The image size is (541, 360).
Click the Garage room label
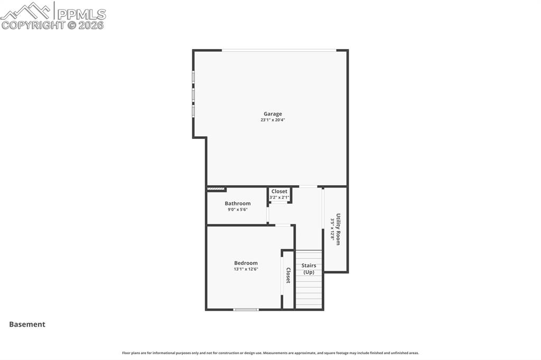273,113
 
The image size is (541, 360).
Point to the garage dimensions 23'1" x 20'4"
273,120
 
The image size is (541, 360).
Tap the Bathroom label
238,203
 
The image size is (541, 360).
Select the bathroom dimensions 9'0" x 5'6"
238,210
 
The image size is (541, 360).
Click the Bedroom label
246,263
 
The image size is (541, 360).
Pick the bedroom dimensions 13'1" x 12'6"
246,269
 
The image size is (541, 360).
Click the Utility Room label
338,229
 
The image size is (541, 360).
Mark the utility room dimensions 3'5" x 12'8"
332,229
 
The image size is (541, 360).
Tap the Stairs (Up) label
309,269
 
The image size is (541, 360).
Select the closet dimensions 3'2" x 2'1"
279,197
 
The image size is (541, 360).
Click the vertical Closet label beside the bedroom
288,275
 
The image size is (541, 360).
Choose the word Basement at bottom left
27,325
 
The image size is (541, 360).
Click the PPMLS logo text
81,14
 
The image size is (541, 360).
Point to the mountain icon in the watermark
26,10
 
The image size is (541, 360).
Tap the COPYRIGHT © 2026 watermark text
53,25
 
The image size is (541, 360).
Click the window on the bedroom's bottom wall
246,309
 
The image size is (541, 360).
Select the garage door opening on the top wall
278,50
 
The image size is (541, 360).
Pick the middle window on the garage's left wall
193,94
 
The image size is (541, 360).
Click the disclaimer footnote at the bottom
270,353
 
